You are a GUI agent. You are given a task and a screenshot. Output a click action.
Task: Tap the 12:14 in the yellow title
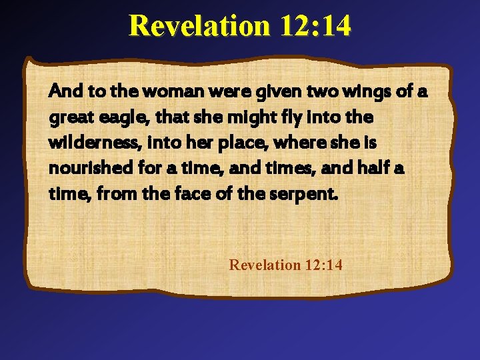click(315, 25)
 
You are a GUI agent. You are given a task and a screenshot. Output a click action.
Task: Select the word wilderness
click(84, 143)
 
